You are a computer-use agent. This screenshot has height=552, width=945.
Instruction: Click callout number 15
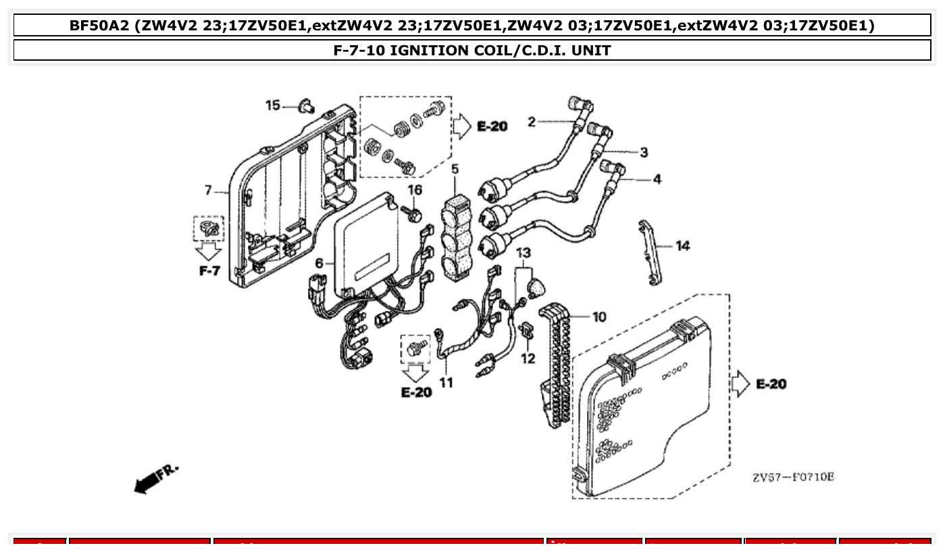pyautogui.click(x=272, y=105)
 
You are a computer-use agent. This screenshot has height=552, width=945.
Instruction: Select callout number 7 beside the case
pyautogui.click(x=208, y=191)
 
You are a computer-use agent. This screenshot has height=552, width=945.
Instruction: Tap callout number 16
pyautogui.click(x=414, y=191)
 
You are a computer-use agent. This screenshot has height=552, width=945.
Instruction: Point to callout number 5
pyautogui.click(x=455, y=169)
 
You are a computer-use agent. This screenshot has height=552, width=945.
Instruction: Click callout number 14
pyautogui.click(x=683, y=246)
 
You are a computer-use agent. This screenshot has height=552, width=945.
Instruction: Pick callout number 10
pyautogui.click(x=599, y=316)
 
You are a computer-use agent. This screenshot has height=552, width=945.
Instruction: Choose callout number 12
pyautogui.click(x=528, y=358)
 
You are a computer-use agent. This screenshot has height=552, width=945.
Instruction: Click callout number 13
pyautogui.click(x=523, y=253)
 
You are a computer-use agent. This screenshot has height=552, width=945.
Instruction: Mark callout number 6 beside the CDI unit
pyautogui.click(x=320, y=263)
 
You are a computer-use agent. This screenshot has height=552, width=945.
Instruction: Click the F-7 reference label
pyautogui.click(x=209, y=271)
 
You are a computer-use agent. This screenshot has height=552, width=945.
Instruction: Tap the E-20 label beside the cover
pyautogui.click(x=771, y=384)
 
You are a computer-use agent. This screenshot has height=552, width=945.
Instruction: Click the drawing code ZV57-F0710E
pyautogui.click(x=793, y=477)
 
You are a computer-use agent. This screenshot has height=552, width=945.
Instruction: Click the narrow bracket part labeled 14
pyautogui.click(x=649, y=251)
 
